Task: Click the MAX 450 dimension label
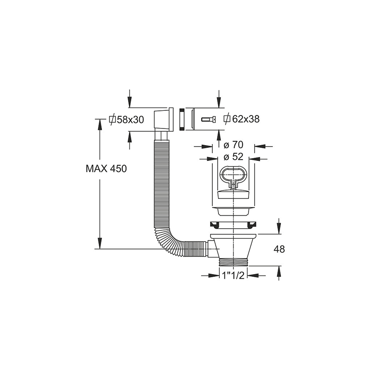pos(106,169)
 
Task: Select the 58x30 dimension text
pos(130,120)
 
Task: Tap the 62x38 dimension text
pos(246,119)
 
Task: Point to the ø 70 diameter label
pos(234,145)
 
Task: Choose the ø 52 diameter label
pos(234,157)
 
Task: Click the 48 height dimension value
pos(279,249)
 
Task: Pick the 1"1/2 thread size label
pos(233,275)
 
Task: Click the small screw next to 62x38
pos(208,120)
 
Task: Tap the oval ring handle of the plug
pos(234,175)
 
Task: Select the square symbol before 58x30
pos(112,120)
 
